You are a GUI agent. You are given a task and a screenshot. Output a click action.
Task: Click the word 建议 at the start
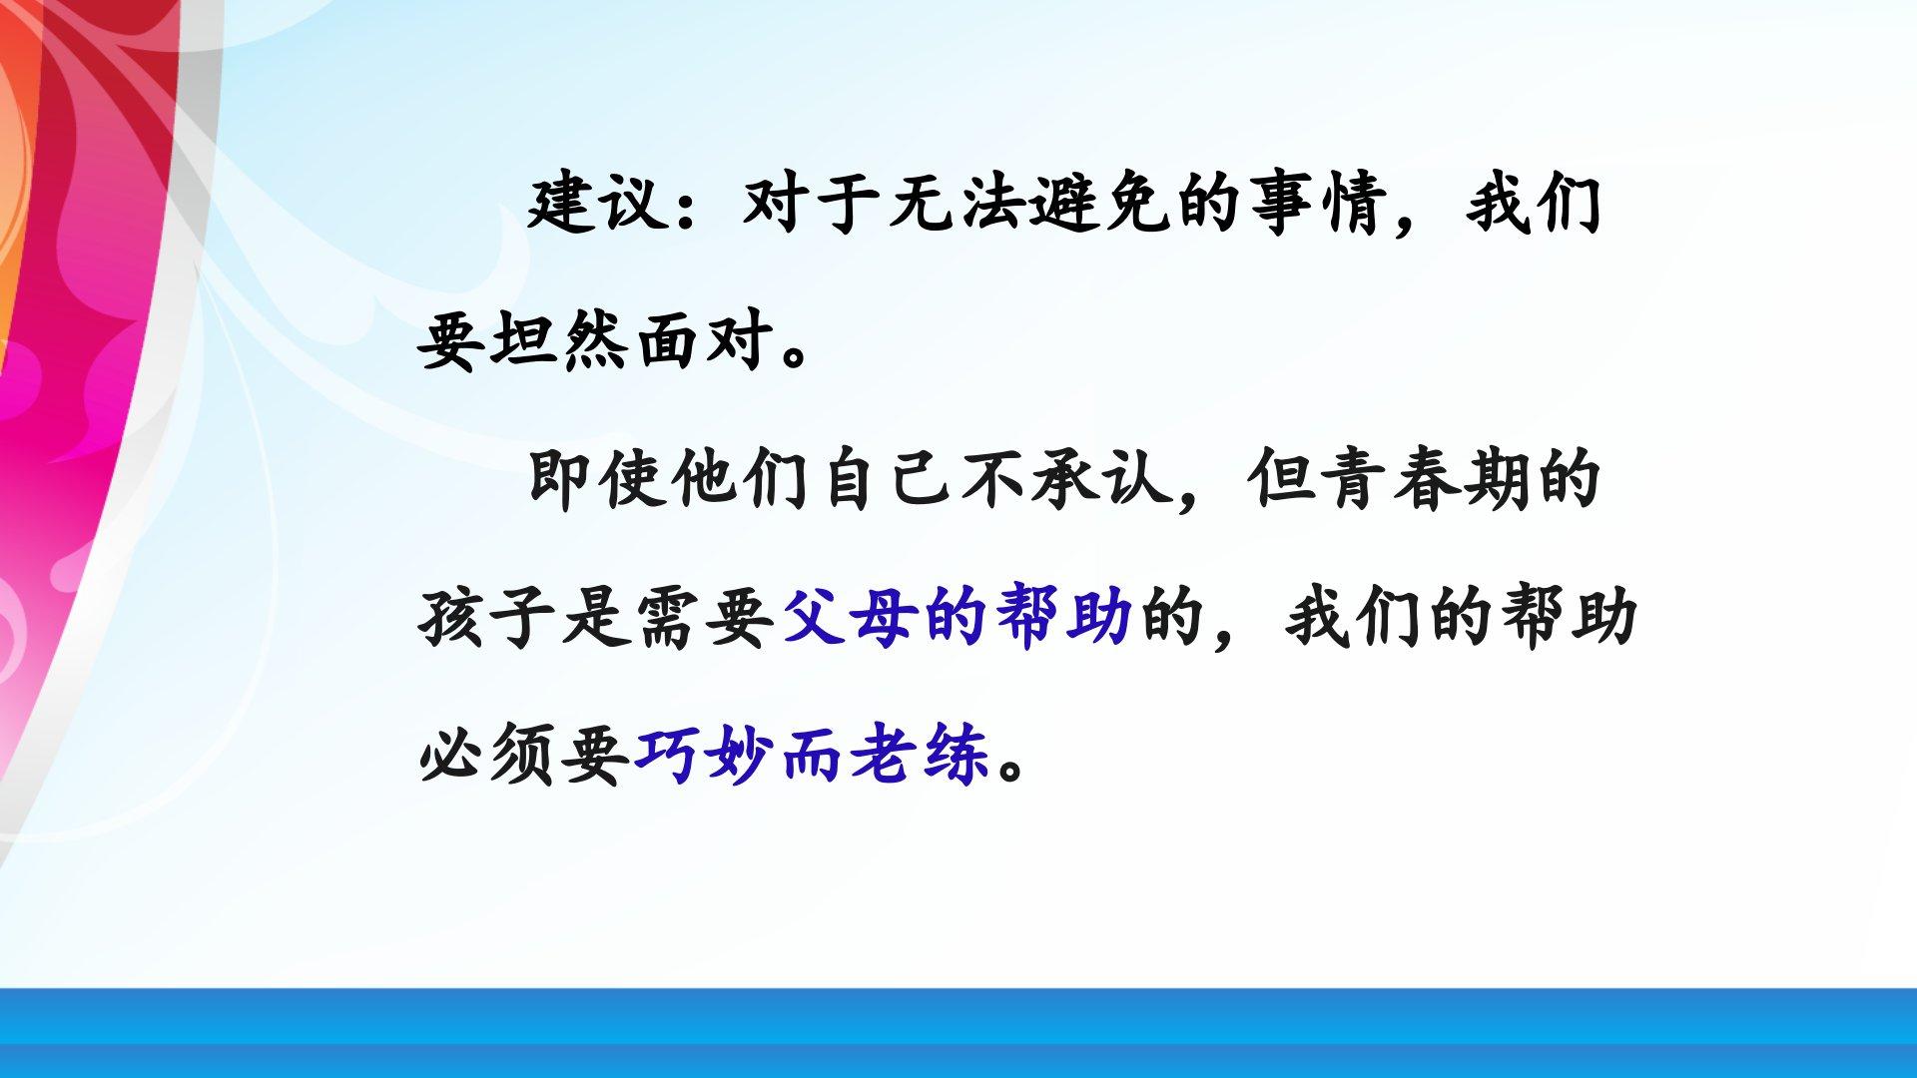597,206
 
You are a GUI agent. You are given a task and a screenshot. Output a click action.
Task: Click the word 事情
1320,206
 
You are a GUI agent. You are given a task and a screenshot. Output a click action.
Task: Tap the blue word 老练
921,755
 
